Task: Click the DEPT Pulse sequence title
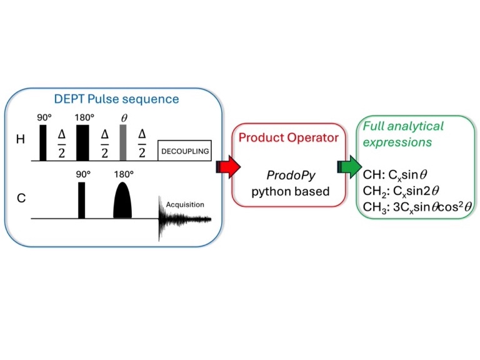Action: coord(116,99)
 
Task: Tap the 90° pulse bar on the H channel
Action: coord(43,142)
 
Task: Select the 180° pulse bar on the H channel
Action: coord(82,142)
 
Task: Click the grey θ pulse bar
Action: coord(123,142)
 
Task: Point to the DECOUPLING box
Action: coord(184,150)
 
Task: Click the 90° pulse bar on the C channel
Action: coord(81,200)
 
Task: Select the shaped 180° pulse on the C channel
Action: coord(122,200)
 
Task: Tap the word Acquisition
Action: coord(185,204)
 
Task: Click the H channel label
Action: coord(21,139)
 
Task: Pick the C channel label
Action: coord(21,198)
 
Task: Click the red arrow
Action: coord(228,167)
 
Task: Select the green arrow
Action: coord(349,167)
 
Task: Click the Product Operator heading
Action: coord(289,137)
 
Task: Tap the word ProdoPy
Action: coord(291,176)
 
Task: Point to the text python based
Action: coord(291,192)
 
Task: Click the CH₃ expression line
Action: coord(417,207)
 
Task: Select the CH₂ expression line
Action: coord(401,191)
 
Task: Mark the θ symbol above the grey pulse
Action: coord(124,118)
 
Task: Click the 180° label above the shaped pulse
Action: coord(124,174)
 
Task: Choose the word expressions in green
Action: coord(397,142)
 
